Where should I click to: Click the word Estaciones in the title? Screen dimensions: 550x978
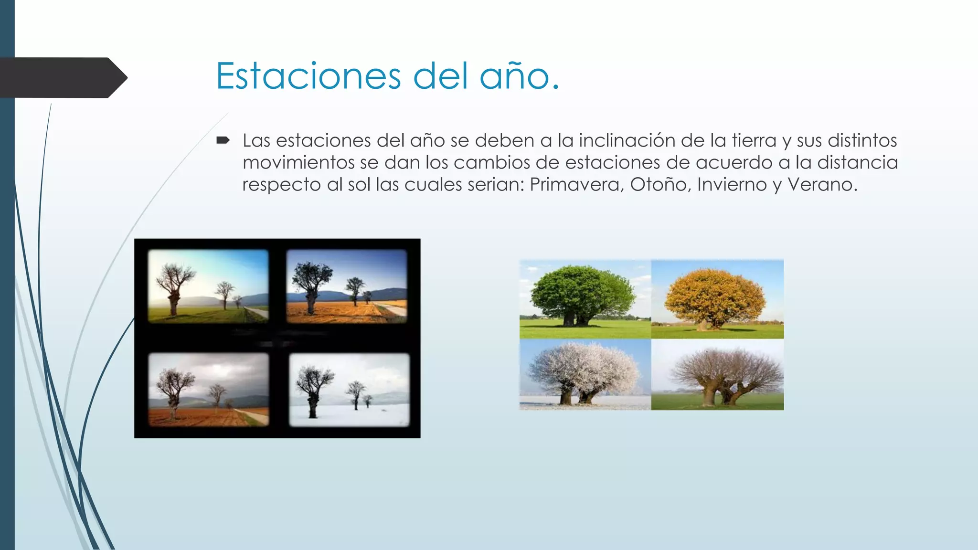308,76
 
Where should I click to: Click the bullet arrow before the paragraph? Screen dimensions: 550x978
223,140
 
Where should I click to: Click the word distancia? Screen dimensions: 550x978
858,162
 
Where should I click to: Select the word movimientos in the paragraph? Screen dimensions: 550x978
298,162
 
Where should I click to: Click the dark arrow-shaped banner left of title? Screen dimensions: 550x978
62,77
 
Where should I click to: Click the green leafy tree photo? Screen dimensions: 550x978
585,299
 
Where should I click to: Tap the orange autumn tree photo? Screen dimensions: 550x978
717,299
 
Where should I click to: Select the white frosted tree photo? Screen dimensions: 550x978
585,374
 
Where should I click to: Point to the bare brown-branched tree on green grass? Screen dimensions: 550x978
717,374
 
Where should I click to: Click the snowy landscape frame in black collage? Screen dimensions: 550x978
350,390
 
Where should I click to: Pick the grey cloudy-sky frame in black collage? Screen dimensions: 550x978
209,390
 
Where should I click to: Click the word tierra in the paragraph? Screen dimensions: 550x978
754,140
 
